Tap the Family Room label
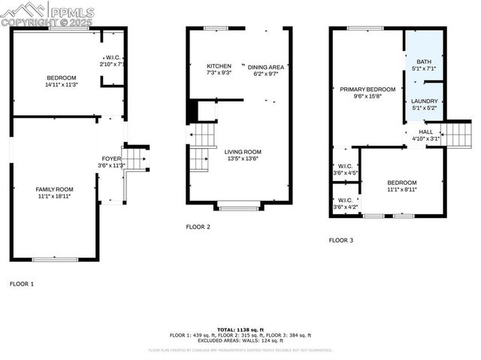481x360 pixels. [x=54, y=189]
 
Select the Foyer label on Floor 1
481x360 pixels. [x=110, y=159]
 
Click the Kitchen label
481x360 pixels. [x=219, y=66]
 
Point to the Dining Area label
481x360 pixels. [x=266, y=66]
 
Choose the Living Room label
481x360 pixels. [x=243, y=151]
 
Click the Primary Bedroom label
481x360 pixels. [x=367, y=89]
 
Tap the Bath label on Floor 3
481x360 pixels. [x=425, y=62]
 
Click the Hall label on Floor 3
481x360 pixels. [x=425, y=132]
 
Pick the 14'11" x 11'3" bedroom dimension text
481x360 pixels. [x=62, y=85]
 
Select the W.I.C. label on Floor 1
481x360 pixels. [x=113, y=58]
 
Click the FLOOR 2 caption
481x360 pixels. [x=198, y=226]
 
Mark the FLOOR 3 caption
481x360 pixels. [x=341, y=241]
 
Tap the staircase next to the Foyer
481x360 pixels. [x=134, y=159]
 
